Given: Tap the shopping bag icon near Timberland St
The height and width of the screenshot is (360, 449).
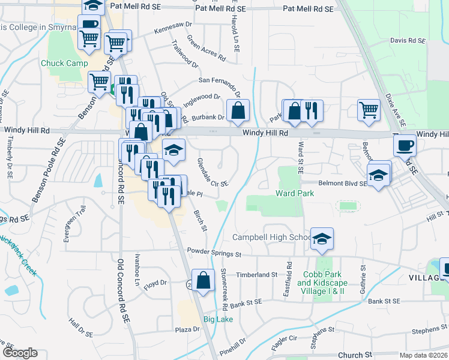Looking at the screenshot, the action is click(203, 280).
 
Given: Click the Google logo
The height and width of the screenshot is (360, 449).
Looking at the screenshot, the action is click(19, 352).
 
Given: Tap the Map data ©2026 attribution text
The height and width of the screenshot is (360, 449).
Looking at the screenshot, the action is click(423, 355).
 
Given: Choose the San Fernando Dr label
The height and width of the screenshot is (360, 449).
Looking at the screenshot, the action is click(220, 83).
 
